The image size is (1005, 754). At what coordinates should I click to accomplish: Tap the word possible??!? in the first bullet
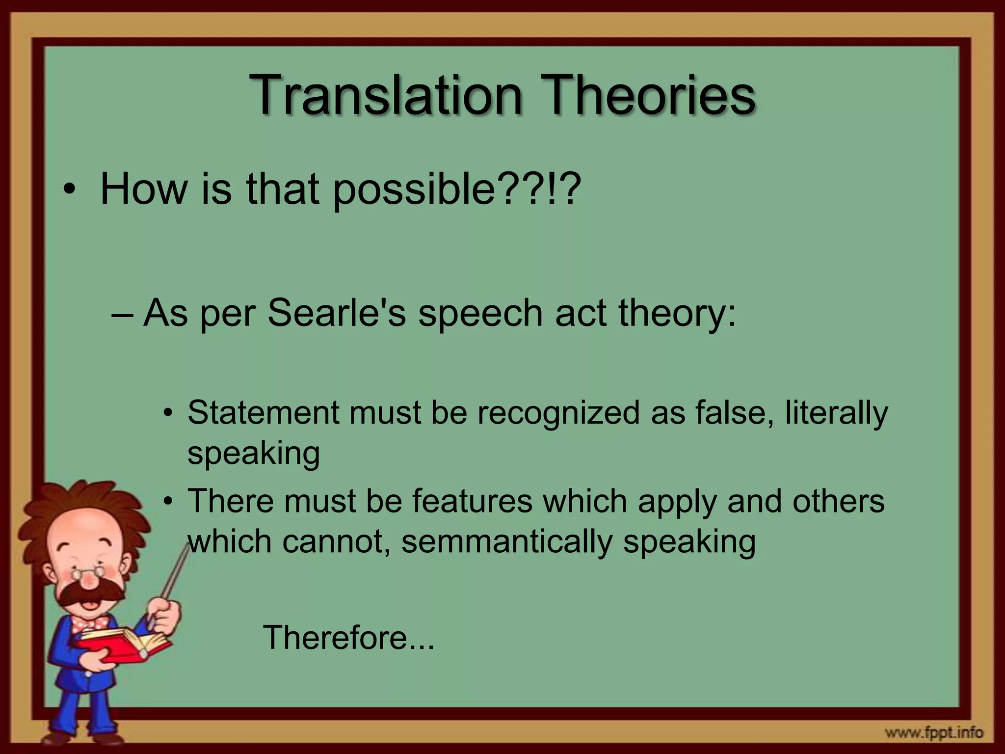coord(456,190)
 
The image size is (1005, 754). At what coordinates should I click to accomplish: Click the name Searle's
coord(337,313)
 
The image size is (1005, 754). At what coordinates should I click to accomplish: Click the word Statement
coord(263,412)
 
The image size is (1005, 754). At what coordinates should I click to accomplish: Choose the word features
coord(472,501)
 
